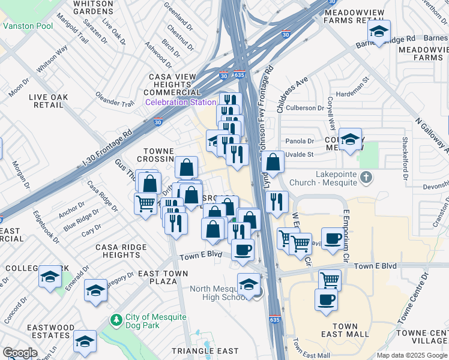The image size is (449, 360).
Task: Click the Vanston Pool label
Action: click(x=28, y=26)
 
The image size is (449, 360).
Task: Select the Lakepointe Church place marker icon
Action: click(x=368, y=177)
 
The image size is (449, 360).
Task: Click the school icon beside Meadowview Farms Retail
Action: click(x=379, y=31)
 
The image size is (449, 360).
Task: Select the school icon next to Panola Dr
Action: click(x=350, y=140)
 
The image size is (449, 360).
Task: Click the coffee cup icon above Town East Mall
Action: click(x=326, y=299)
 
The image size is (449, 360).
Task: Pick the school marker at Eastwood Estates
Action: click(x=85, y=341)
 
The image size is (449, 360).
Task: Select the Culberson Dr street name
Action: click(x=304, y=108)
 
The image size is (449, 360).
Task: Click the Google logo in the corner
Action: click(x=20, y=353)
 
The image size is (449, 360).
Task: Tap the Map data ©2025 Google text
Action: click(x=412, y=355)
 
